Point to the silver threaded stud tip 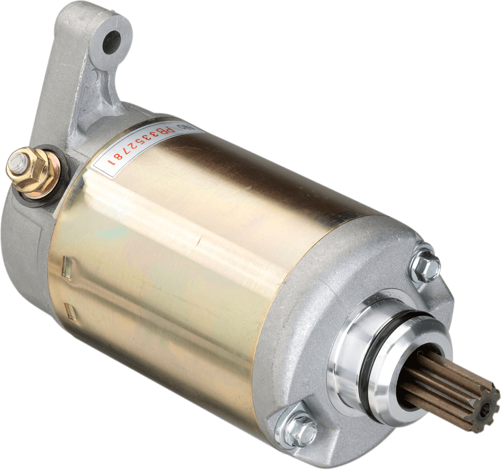(x=16, y=163)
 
